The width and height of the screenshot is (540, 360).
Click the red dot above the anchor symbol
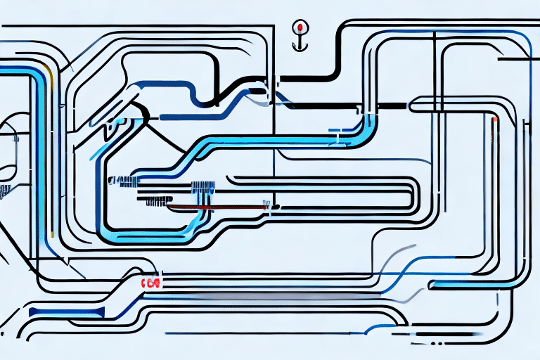tap(301, 27)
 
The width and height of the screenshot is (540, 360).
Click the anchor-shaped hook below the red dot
tap(301, 41)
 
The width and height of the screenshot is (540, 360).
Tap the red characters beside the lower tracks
tap(150, 283)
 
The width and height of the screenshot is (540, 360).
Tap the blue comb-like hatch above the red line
tap(202, 187)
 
